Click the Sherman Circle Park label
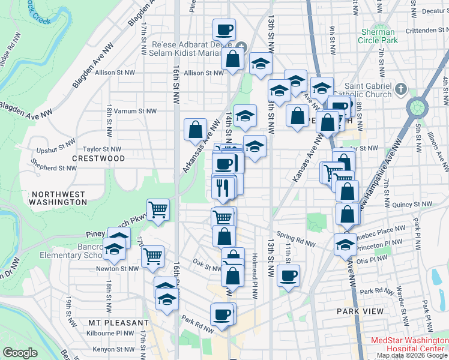point(379,36)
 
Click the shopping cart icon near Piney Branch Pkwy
point(158,210)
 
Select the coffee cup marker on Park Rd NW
point(221,315)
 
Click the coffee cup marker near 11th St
point(289,276)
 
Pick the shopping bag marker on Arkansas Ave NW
point(196,129)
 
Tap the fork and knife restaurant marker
point(222,188)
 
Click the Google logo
point(21,353)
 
